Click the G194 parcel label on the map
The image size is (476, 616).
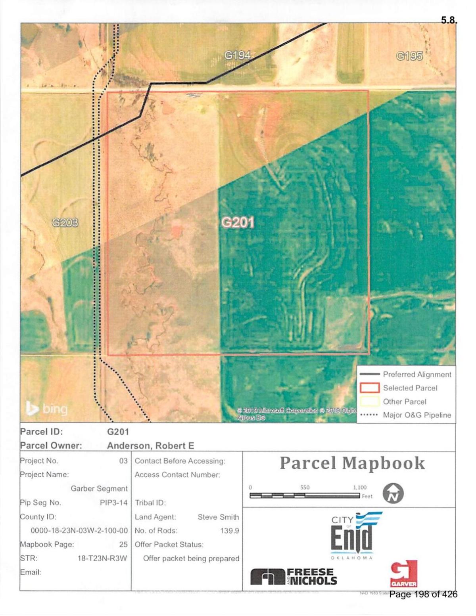click(x=238, y=55)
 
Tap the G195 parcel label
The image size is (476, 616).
click(x=409, y=56)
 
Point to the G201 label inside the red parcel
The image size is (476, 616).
click(x=238, y=223)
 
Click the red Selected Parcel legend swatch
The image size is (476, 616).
click(x=370, y=388)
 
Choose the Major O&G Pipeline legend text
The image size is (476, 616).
click(x=417, y=415)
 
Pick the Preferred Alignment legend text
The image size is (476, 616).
click(x=417, y=375)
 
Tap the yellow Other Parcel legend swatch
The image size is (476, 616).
click(x=370, y=402)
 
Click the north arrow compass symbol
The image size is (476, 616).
click(x=393, y=494)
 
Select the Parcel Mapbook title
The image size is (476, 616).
click(x=352, y=463)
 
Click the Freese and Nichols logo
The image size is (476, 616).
click(x=294, y=577)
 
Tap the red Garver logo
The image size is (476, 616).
click(x=403, y=574)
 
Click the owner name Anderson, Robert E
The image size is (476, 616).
click(x=151, y=446)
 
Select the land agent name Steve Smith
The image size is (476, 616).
click(x=218, y=517)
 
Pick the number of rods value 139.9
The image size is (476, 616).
click(x=229, y=531)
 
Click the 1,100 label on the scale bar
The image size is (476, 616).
click(x=360, y=488)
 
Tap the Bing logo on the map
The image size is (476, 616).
click(x=47, y=409)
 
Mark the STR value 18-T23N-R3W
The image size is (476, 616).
click(x=102, y=559)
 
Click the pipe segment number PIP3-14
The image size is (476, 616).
click(x=113, y=503)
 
